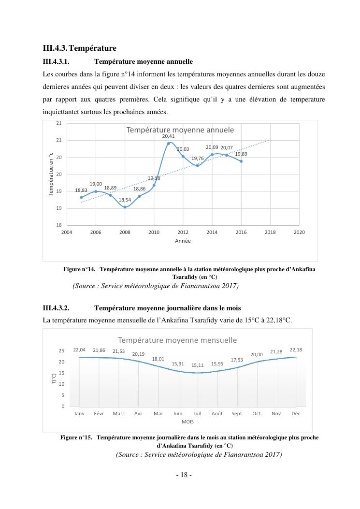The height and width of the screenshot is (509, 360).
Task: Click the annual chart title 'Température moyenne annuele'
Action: click(x=180, y=130)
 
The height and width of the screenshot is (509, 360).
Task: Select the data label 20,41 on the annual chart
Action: click(x=168, y=137)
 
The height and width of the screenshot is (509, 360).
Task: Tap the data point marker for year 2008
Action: click(x=125, y=207)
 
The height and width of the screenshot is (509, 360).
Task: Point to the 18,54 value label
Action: click(x=125, y=200)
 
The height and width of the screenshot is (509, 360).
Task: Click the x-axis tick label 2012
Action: click(x=183, y=233)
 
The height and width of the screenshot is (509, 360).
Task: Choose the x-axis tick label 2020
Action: click(x=299, y=233)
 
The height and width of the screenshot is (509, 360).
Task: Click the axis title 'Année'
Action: click(x=183, y=241)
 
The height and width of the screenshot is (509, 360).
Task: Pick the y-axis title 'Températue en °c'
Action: click(x=51, y=175)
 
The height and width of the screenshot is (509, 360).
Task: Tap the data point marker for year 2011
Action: click(x=169, y=143)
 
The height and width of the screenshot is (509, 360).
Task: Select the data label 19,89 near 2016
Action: click(x=241, y=154)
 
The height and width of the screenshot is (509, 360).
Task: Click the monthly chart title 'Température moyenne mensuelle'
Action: click(x=177, y=340)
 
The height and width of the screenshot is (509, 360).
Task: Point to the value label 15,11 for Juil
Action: click(x=197, y=365)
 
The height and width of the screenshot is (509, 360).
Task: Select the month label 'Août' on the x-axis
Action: click(x=217, y=414)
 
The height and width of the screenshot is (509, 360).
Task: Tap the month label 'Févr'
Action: click(x=99, y=414)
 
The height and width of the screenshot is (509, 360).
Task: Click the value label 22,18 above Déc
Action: click(x=296, y=349)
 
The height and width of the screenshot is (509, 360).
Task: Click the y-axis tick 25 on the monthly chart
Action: click(x=61, y=351)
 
